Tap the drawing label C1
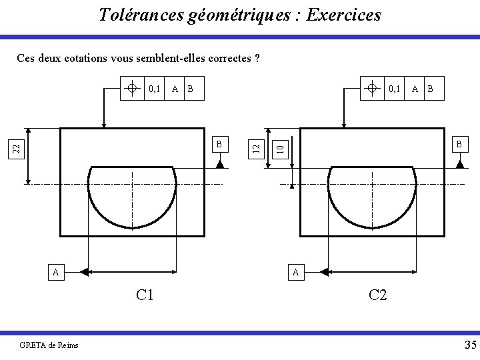(145, 295)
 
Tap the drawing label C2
(377, 295)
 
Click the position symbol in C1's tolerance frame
(133, 88)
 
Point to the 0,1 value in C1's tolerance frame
(155, 88)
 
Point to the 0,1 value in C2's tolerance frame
(395, 88)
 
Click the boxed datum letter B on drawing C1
(220, 143)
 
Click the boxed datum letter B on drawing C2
(459, 143)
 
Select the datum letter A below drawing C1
(57, 272)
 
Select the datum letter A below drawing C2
(296, 272)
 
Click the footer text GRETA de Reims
(49, 345)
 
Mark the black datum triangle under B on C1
(220, 164)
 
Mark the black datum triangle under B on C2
(459, 164)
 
